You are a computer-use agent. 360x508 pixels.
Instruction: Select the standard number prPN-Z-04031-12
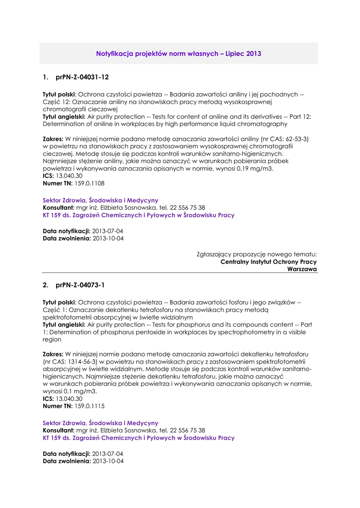[82, 77]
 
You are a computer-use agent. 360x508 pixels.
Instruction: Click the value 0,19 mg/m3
[254, 169]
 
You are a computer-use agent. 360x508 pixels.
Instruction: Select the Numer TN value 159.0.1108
[89, 184]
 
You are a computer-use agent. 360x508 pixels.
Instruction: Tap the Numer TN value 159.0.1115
[89, 406]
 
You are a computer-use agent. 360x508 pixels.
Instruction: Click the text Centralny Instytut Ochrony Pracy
[269, 262]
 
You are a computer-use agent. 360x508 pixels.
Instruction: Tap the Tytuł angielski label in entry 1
[64, 117]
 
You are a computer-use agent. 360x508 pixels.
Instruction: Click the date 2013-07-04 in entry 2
[107, 453]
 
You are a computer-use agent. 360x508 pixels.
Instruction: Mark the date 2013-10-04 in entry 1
[108, 239]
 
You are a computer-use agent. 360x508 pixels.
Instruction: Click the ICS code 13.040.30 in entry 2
[69, 398]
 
